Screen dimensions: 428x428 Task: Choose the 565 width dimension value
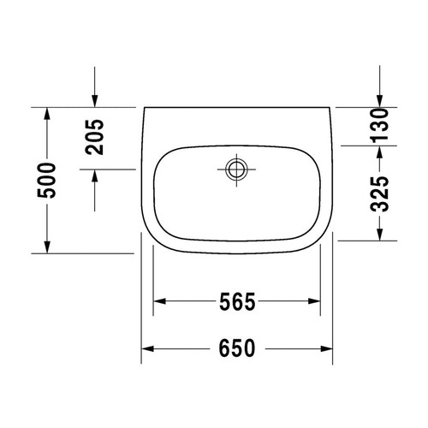tap(235, 301)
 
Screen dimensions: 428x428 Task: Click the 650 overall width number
tap(235, 348)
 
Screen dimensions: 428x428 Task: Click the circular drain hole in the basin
tap(235, 169)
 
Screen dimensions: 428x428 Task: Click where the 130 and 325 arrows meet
tap(380, 144)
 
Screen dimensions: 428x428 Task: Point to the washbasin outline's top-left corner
tap(141, 108)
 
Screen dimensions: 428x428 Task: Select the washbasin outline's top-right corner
tap(334, 108)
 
